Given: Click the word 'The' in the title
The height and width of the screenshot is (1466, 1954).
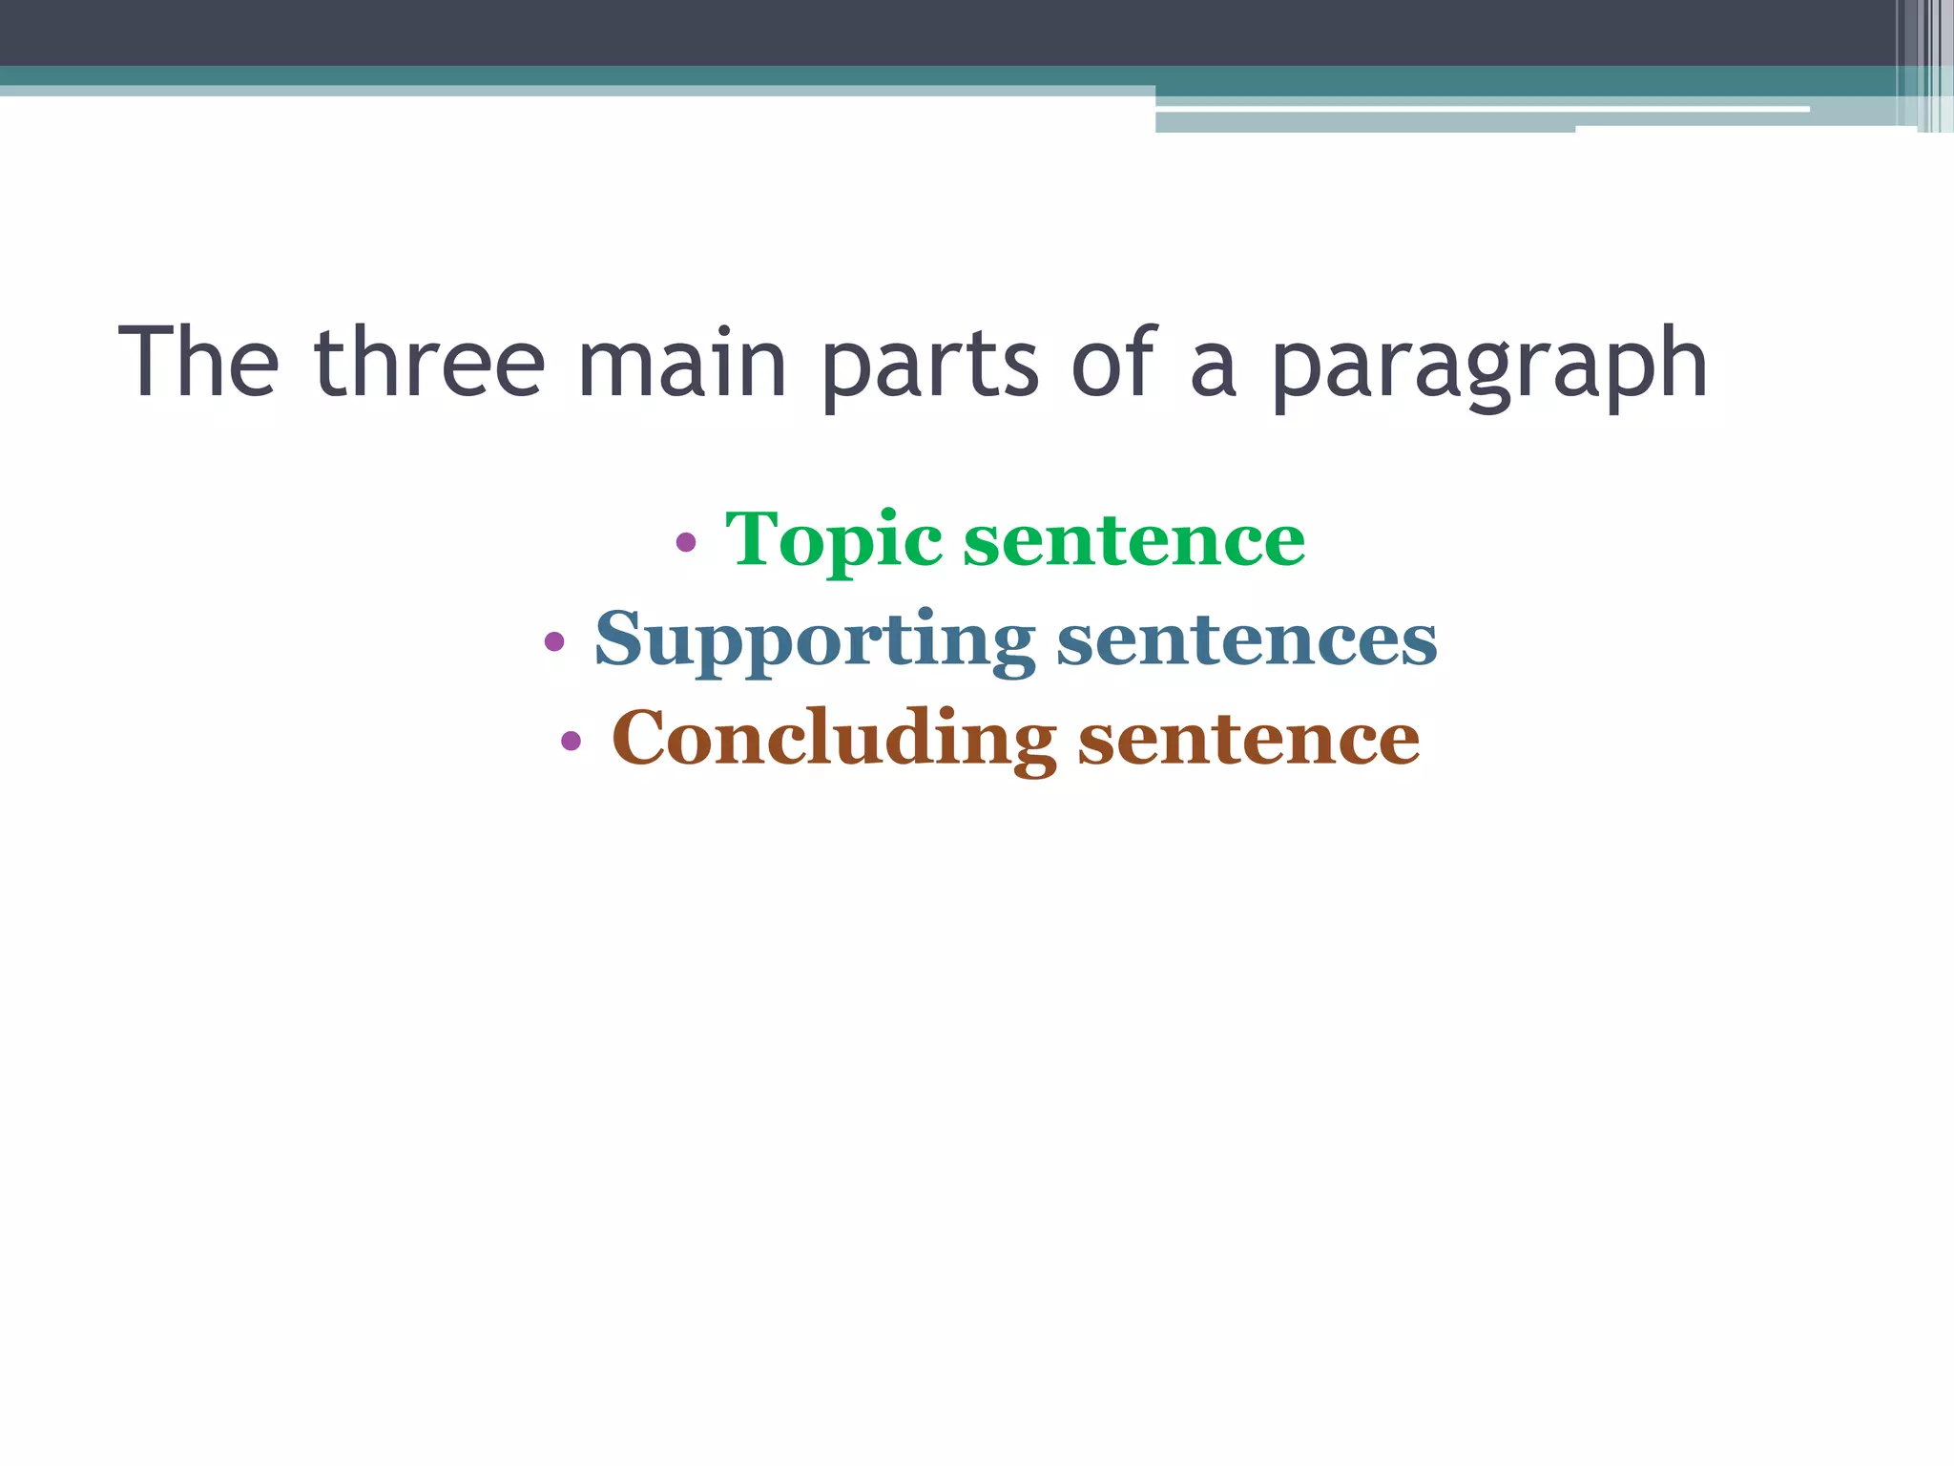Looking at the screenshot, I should (198, 363).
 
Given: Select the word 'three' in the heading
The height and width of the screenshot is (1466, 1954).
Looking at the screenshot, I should (429, 363).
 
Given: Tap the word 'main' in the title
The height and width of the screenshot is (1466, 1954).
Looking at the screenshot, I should (682, 363).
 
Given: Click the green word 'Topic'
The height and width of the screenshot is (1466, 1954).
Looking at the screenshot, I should (834, 541).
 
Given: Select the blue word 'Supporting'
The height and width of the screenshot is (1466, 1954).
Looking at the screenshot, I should (815, 640).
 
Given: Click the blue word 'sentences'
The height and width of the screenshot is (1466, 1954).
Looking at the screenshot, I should (1246, 640).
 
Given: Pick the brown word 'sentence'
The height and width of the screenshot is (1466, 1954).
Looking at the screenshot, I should (1248, 740).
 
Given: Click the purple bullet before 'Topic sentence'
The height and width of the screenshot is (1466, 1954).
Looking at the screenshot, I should (685, 543).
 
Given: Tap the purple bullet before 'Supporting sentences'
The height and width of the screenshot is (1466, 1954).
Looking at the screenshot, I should (554, 641).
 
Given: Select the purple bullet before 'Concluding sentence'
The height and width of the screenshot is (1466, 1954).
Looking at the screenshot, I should (571, 740).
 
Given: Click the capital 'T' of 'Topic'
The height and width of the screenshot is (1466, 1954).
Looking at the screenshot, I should (753, 538).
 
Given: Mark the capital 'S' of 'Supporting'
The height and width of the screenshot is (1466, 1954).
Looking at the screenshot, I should (617, 638).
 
